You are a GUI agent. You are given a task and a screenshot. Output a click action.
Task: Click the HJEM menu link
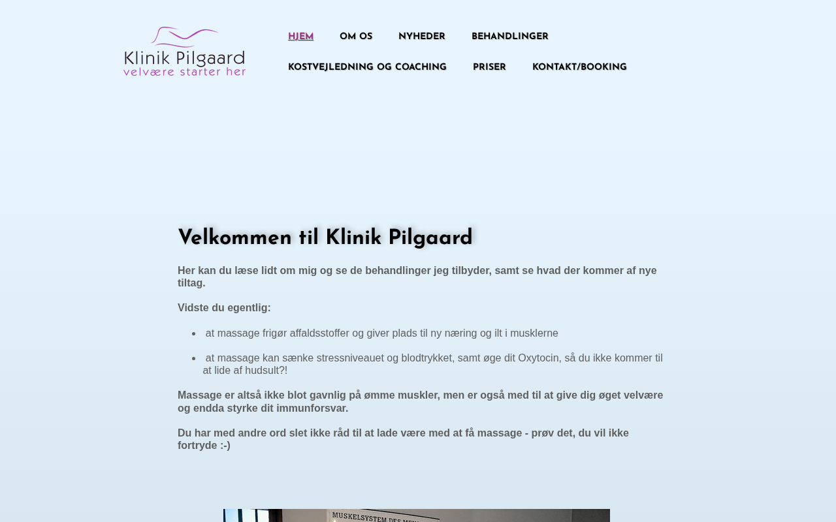click(x=300, y=37)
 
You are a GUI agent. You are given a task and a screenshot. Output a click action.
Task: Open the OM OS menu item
click(x=356, y=37)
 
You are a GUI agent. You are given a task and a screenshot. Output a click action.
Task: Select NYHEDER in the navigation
click(x=422, y=37)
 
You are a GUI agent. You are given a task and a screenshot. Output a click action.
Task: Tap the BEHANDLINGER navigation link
click(x=509, y=37)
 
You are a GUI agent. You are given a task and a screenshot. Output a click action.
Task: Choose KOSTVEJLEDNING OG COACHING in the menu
click(x=367, y=67)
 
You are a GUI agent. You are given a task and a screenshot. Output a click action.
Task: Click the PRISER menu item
click(x=489, y=67)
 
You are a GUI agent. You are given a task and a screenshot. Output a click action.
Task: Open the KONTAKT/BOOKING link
click(x=579, y=67)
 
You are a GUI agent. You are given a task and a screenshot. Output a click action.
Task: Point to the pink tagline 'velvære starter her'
click(x=184, y=72)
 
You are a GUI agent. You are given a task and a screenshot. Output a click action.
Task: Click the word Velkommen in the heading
click(x=235, y=238)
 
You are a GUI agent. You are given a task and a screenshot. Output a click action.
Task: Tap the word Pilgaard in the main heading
click(x=430, y=238)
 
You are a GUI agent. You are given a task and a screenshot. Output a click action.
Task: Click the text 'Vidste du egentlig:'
click(x=224, y=308)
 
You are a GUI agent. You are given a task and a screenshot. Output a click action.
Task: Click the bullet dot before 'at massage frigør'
click(x=194, y=333)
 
